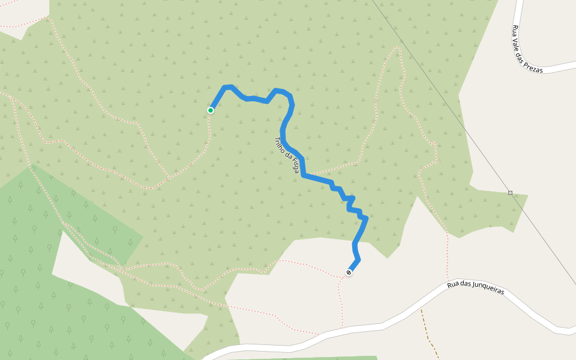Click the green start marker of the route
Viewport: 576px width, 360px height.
coord(211,110)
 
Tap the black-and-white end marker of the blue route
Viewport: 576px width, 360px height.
coord(349,273)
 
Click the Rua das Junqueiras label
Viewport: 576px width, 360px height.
coord(476,288)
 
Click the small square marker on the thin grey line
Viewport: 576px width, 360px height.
coord(510,193)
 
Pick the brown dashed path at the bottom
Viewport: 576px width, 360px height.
coord(429,336)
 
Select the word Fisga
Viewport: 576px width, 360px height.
coord(293,166)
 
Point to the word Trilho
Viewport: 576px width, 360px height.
coord(279,144)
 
